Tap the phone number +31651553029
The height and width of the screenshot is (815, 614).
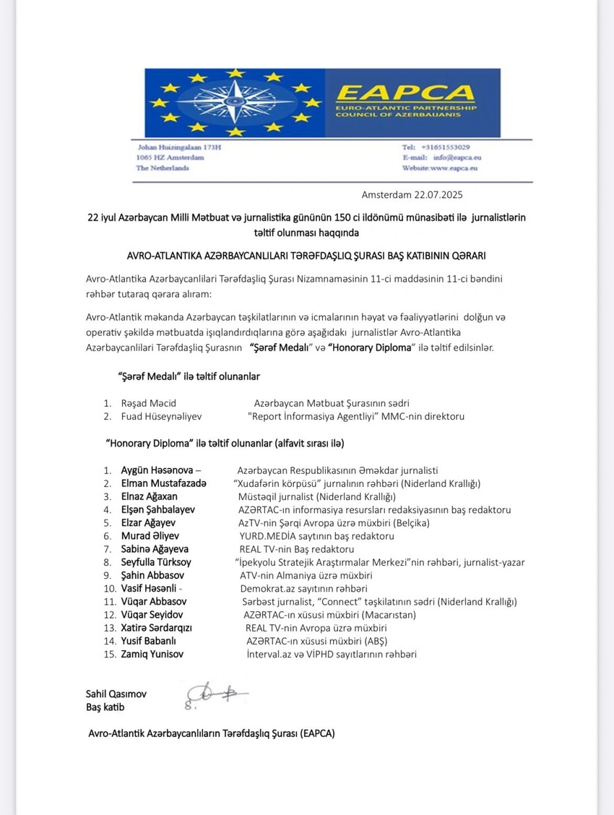point(445,147)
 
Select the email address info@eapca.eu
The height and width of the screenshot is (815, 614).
point(449,158)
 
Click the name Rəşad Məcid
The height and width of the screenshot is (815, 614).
point(149,403)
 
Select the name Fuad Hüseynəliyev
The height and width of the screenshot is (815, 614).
point(161,417)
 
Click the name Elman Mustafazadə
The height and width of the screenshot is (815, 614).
point(164,483)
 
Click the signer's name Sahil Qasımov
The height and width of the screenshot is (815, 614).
point(116,694)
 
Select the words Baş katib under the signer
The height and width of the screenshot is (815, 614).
point(105,707)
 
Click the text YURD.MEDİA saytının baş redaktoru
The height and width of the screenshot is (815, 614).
point(316,536)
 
